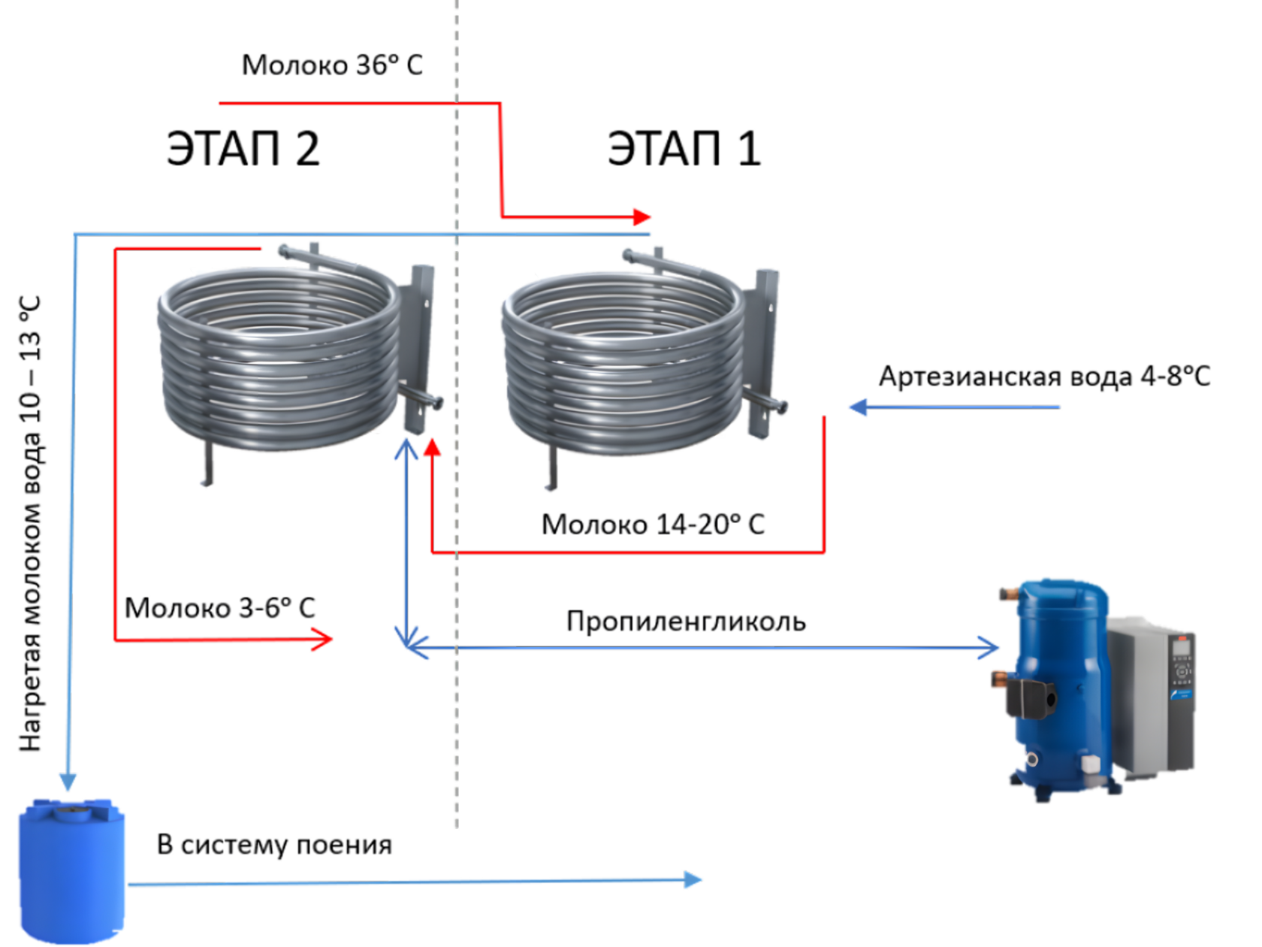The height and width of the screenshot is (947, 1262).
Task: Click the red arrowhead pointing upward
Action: point(431,447)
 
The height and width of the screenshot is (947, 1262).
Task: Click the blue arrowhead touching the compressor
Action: point(990,648)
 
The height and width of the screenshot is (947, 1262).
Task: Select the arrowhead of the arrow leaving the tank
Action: point(693,880)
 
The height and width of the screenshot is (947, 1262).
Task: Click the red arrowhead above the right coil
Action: point(642,217)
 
